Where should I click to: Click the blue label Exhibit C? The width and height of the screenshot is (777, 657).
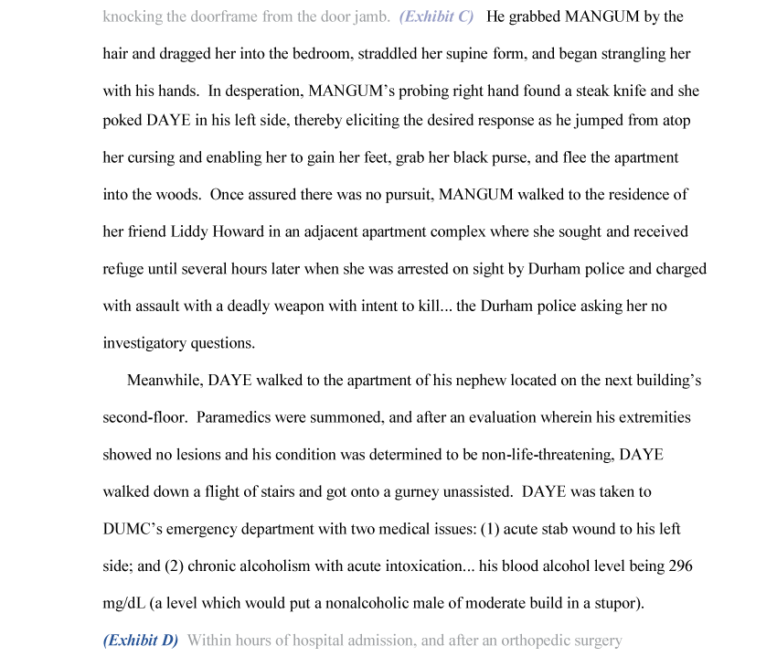pyautogui.click(x=436, y=16)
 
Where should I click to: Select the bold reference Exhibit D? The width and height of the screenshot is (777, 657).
pyautogui.click(x=140, y=641)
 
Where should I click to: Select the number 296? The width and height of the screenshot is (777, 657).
pyautogui.click(x=680, y=566)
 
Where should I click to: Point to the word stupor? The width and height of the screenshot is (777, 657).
pyautogui.click(x=615, y=603)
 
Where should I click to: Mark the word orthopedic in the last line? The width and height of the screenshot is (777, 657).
pyautogui.click(x=535, y=641)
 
